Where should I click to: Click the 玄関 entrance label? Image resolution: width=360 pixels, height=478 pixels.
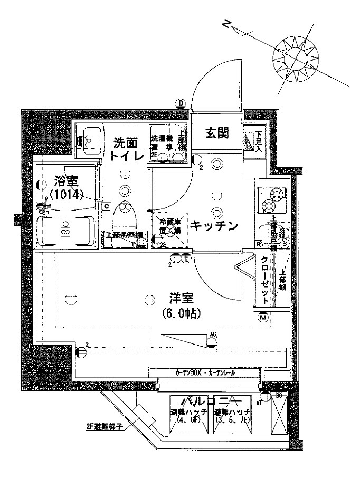pyautogui.click(x=216, y=134)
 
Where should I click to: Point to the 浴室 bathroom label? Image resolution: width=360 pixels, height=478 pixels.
pyautogui.click(x=67, y=181)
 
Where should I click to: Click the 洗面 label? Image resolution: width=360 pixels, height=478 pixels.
pyautogui.click(x=126, y=142)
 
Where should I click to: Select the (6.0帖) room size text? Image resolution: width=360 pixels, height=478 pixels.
pyautogui.click(x=180, y=313)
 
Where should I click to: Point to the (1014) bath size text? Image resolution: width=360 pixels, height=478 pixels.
pyautogui.click(x=67, y=195)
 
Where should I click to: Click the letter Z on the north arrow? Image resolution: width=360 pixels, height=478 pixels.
pyautogui.click(x=226, y=24)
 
